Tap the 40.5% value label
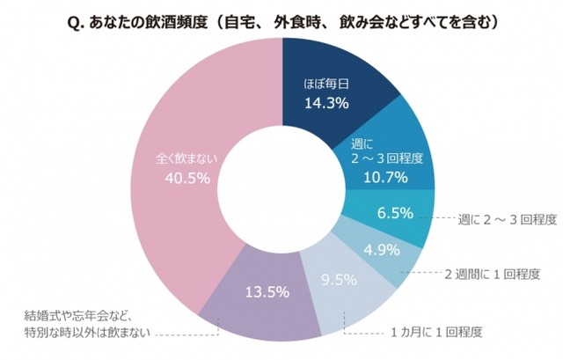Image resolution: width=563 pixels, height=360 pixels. [x=186, y=179]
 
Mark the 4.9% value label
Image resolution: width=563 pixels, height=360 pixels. [x=382, y=252]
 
